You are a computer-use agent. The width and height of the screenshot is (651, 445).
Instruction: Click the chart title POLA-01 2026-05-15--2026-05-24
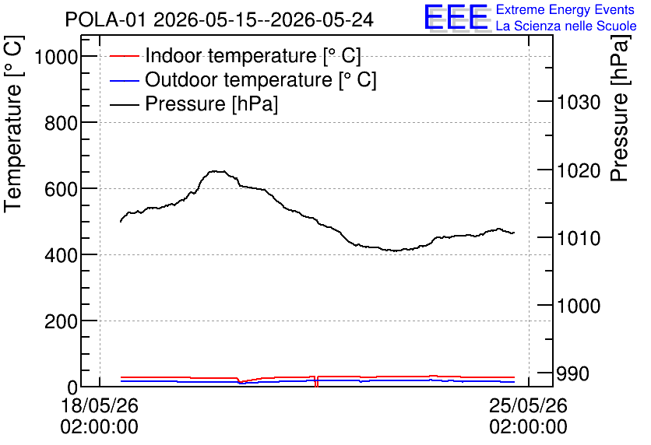click(x=220, y=19)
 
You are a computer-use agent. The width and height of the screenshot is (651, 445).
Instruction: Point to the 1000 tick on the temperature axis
click(x=56, y=56)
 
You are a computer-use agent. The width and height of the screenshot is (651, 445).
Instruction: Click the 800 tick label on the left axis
click(x=61, y=122)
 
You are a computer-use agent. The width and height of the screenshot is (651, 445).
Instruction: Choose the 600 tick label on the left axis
click(x=61, y=189)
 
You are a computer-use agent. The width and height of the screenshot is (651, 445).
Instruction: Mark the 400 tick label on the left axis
click(x=61, y=254)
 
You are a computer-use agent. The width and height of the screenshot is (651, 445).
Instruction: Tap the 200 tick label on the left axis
click(x=61, y=321)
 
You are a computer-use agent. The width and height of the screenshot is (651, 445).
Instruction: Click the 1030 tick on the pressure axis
click(x=579, y=102)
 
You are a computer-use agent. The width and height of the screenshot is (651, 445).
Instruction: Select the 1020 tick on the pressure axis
click(x=579, y=170)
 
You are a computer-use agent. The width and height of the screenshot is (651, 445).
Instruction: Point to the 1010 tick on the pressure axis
click(x=579, y=237)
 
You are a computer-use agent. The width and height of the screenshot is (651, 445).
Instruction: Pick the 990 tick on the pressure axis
click(x=572, y=373)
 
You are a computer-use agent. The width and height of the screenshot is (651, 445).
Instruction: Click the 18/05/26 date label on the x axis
click(x=100, y=405)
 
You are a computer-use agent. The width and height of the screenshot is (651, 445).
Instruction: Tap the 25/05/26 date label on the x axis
click(x=528, y=405)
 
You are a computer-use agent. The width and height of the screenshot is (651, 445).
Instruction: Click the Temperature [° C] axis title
click(x=13, y=124)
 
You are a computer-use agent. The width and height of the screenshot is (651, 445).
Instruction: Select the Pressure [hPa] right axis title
click(x=619, y=108)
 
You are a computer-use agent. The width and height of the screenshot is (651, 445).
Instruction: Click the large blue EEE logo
click(x=456, y=17)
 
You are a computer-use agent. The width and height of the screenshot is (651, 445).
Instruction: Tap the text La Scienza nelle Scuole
click(x=566, y=26)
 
